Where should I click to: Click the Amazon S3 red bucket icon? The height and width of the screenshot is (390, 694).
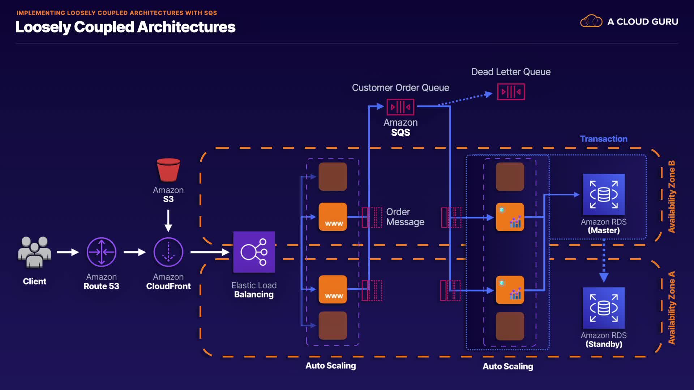168,170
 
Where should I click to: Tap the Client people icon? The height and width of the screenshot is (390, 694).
34,252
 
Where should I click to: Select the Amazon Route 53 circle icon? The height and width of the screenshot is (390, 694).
102,252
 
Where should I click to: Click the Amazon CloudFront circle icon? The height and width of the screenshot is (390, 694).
168,252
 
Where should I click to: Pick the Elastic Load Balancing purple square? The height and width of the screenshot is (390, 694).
254,252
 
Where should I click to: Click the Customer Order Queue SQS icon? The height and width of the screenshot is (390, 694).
400,107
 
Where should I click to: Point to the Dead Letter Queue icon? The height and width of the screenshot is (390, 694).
511,92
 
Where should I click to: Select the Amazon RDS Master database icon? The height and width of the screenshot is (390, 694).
604,195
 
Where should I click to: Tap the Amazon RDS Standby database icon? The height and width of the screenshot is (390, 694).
604,308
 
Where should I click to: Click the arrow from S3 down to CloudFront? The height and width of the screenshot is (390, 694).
168,220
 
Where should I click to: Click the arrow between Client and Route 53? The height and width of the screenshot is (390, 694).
68,252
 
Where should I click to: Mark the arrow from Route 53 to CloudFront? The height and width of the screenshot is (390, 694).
134,252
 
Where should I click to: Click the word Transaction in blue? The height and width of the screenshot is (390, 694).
604,139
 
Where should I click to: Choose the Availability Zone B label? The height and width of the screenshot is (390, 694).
672,196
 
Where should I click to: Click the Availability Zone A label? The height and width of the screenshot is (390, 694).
672,308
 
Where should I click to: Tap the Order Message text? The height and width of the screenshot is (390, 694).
405,217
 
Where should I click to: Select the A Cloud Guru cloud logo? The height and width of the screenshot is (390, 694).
591,21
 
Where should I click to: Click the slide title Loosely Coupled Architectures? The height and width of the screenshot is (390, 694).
125,27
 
